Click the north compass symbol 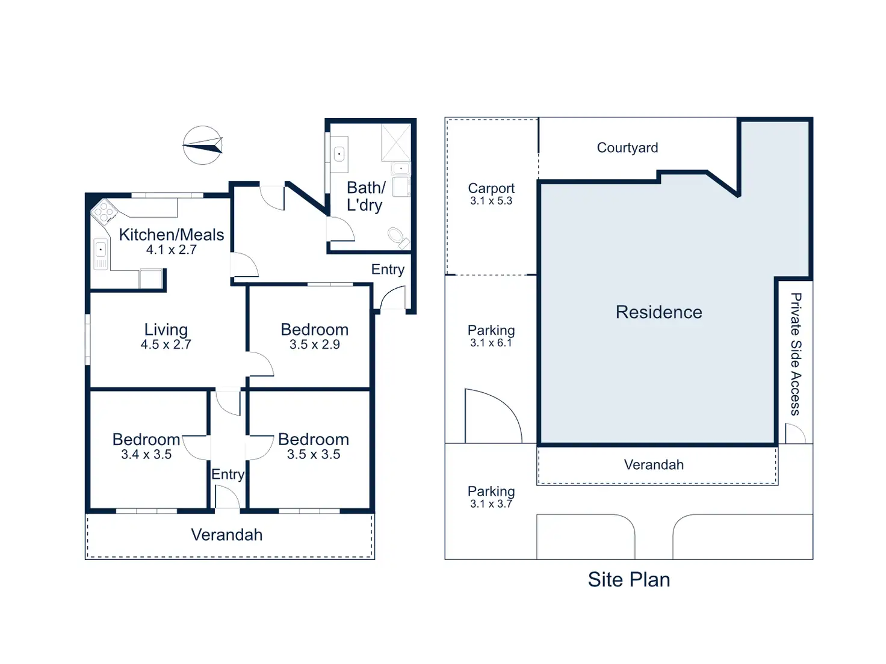coord(202,145)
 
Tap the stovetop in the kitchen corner coord(104,212)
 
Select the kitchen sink coord(101,254)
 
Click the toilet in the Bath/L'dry coord(398,238)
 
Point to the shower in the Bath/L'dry coord(395,143)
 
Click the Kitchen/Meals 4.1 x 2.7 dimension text coord(171,249)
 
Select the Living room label coord(166,330)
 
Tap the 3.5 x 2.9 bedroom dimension coord(314,344)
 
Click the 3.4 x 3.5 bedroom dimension coord(146,454)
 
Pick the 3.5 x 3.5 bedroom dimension coord(314,454)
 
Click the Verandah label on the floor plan coord(226,535)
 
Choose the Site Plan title coord(628,579)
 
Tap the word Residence coord(658,312)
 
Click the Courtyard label coord(627,147)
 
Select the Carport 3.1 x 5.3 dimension coord(491,200)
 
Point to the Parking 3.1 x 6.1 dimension coord(491,342)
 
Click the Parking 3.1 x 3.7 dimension coord(491,503)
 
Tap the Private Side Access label coord(795,354)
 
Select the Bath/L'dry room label coord(366,196)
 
